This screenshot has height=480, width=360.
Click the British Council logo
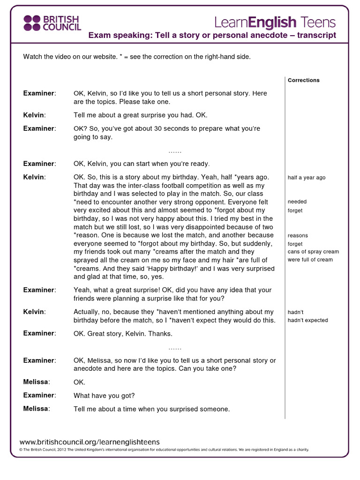click(52, 22)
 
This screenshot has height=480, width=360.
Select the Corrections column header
click(303, 80)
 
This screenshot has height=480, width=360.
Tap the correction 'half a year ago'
click(306, 178)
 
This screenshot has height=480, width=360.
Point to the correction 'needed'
click(297, 202)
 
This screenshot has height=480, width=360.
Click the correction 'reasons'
click(298, 235)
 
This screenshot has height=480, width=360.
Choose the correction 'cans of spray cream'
click(313, 252)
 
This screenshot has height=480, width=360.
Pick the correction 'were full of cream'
click(310, 260)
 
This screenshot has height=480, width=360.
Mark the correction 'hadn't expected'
click(307, 320)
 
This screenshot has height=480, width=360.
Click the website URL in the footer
click(90, 442)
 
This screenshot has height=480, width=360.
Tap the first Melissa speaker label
click(36, 382)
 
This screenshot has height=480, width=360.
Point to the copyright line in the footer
click(164, 450)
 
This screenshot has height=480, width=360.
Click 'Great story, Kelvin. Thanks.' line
click(123, 334)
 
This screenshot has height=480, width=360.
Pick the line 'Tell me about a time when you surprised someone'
click(151, 409)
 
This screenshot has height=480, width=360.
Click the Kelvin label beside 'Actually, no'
click(34, 312)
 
